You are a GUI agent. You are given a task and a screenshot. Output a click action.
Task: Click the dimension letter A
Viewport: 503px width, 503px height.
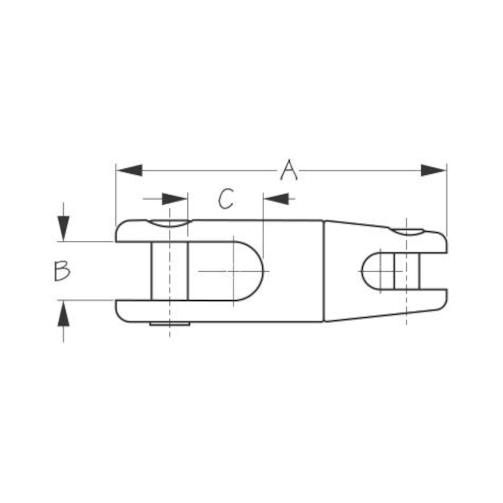click(288, 170)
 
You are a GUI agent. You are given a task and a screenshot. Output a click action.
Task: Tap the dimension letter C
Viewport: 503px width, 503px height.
click(226, 199)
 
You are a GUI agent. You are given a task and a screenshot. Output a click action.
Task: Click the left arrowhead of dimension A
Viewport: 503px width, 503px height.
click(129, 171)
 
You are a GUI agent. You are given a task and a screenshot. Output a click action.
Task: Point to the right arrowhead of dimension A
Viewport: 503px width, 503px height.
click(433, 171)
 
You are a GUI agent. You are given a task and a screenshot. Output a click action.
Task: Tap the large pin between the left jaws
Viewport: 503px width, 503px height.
click(170, 271)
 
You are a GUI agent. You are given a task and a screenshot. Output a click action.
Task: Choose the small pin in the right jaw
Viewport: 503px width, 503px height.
click(406, 271)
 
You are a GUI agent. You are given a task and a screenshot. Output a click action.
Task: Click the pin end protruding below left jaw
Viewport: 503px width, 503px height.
click(170, 324)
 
